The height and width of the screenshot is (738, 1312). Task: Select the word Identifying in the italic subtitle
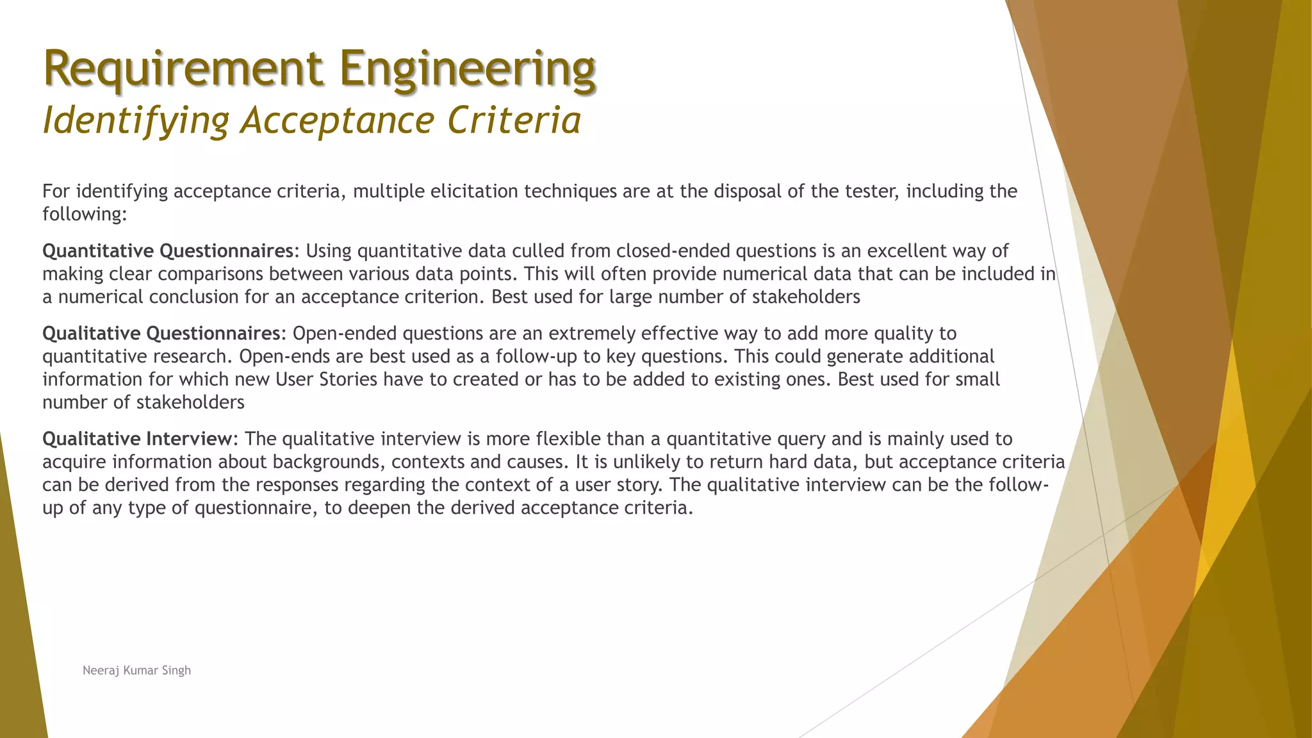[135, 120]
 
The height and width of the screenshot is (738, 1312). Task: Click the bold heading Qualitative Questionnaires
[160, 333]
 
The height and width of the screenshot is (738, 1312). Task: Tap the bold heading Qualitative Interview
[136, 439]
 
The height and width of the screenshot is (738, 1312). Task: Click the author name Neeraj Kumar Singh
[136, 670]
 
